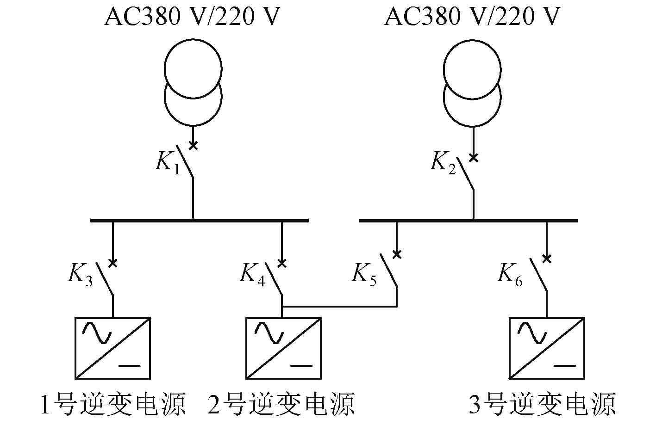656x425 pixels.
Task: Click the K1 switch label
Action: coord(167,163)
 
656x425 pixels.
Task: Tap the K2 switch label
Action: coord(443,163)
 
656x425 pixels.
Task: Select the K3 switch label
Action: coord(81,274)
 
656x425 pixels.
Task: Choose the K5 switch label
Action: coord(364,274)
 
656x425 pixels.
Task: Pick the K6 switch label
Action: coord(510,274)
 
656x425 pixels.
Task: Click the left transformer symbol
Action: coord(194,83)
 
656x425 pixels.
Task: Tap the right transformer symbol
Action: coord(473,83)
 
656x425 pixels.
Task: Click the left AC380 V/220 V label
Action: coord(192,18)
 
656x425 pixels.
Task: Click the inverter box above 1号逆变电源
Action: coord(112,348)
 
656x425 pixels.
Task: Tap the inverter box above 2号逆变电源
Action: coord(283,348)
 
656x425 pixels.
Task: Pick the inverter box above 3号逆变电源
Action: coord(547,348)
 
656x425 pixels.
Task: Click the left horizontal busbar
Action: coord(199,220)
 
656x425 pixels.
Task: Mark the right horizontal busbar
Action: coord(468,220)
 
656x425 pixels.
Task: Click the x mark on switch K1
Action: coord(194,146)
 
